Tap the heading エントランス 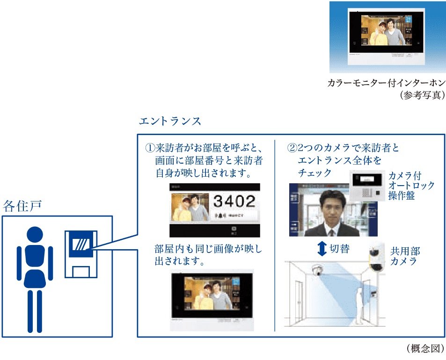170,121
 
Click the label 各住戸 22,206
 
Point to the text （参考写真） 422,95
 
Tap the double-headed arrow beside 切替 322,248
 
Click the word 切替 340,248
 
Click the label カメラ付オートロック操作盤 411,186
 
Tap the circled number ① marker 150,148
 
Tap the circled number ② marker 292,148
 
